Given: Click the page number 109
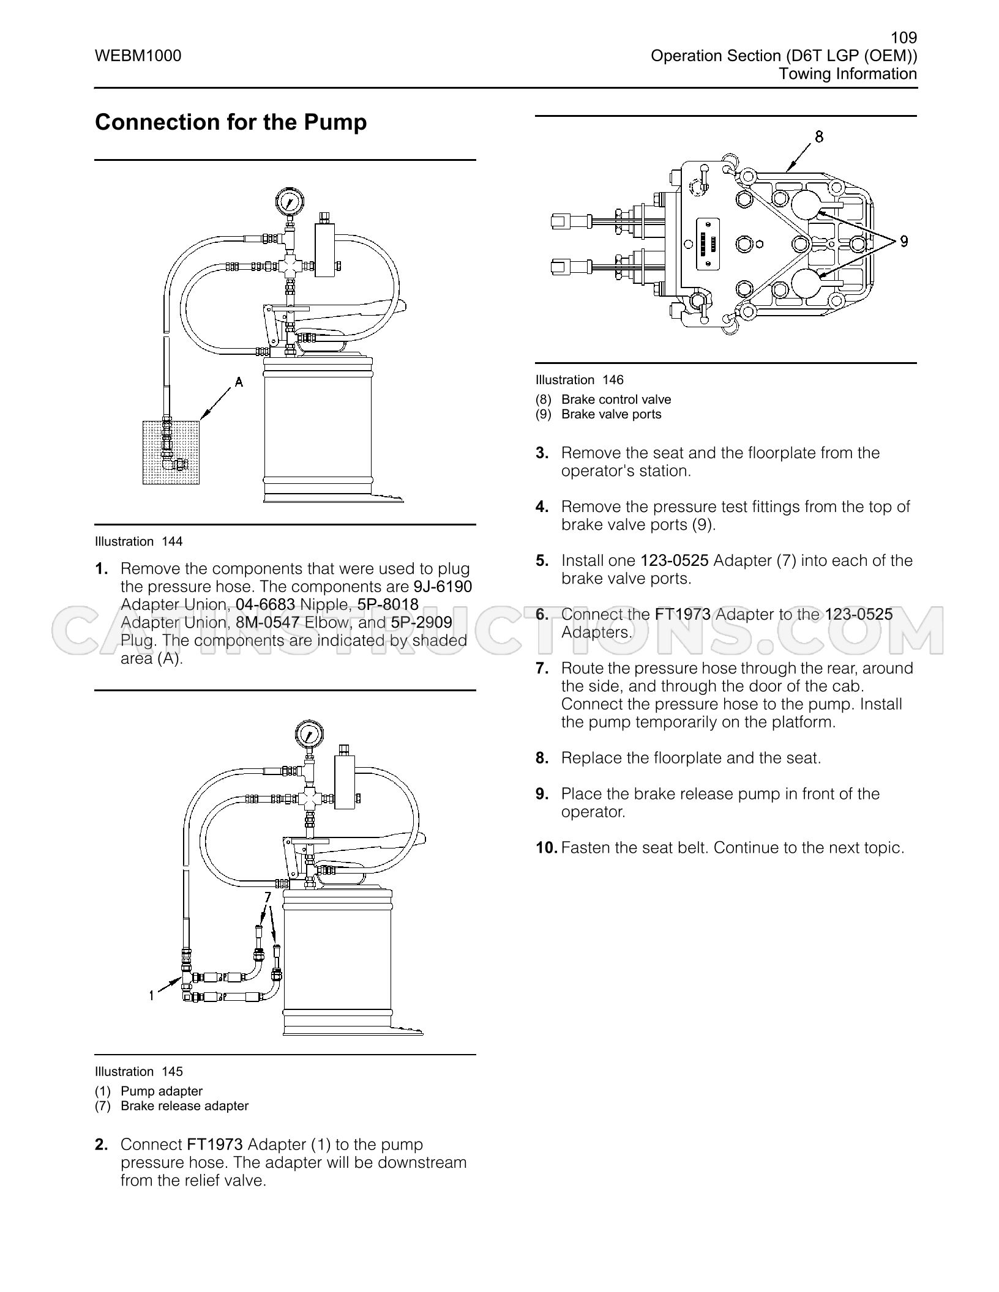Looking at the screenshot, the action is (x=904, y=38).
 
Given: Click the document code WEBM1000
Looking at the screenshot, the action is (x=138, y=56).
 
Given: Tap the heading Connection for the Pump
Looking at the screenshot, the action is (x=231, y=122).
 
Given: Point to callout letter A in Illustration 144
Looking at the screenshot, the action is (x=239, y=382).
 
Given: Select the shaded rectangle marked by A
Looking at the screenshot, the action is (x=172, y=452).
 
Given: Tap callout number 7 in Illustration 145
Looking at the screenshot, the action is (x=267, y=897).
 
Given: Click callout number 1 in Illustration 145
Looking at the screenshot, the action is (x=151, y=996).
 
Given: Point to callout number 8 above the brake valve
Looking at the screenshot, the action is (x=819, y=136).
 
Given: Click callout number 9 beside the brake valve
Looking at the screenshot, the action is (x=904, y=242).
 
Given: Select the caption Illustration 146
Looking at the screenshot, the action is (x=579, y=380).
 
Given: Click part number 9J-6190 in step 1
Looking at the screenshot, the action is (x=443, y=587).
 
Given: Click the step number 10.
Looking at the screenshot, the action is (x=547, y=848).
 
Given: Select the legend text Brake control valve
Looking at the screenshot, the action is (x=616, y=399).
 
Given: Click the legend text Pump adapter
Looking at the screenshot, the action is (x=162, y=1091).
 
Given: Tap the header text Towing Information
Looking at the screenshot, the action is (x=848, y=74).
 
